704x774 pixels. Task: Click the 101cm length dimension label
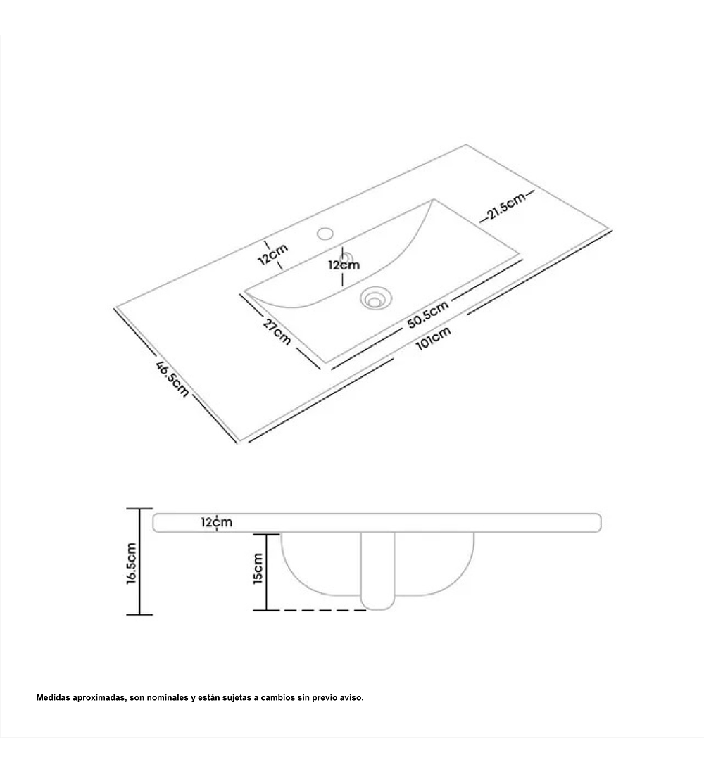pyautogui.click(x=433, y=338)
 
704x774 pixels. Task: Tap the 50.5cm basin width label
pyautogui.click(x=428, y=315)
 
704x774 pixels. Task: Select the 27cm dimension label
pyautogui.click(x=277, y=331)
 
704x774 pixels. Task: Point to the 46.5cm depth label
pyautogui.click(x=172, y=379)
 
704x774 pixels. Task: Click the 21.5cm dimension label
pyautogui.click(x=506, y=206)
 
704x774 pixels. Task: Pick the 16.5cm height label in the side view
pyautogui.click(x=132, y=563)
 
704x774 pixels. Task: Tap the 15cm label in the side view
pyautogui.click(x=258, y=569)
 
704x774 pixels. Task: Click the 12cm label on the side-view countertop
pyautogui.click(x=216, y=522)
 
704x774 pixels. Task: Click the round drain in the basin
pyautogui.click(x=373, y=298)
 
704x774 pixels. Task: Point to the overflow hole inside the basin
pyautogui.click(x=347, y=257)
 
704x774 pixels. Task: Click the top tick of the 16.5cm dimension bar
pyautogui.click(x=140, y=509)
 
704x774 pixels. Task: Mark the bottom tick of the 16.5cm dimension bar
pyautogui.click(x=140, y=615)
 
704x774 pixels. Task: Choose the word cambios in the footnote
pyautogui.click(x=277, y=697)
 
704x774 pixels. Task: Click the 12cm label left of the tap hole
pyautogui.click(x=272, y=254)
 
